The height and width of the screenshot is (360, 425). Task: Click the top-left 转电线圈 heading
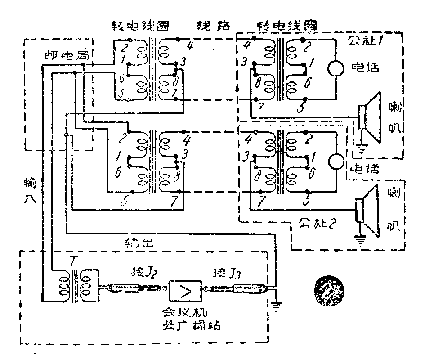[x=140, y=26]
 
